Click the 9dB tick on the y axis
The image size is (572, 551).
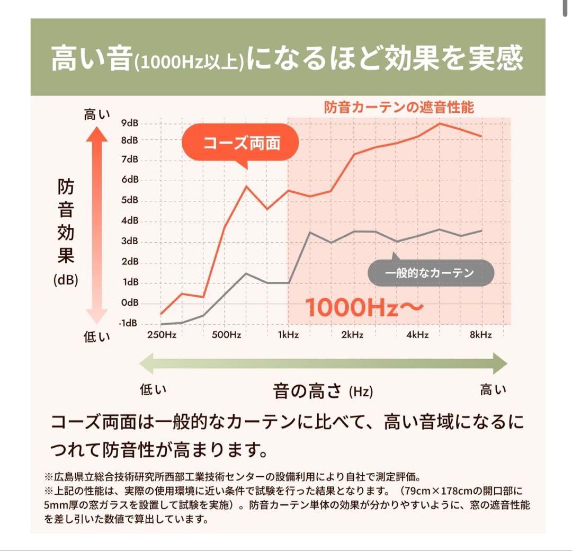(x=129, y=123)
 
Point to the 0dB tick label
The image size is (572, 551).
(x=129, y=303)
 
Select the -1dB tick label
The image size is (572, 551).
(x=128, y=323)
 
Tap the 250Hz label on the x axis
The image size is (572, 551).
(x=162, y=335)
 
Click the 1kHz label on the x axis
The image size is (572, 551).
(x=288, y=335)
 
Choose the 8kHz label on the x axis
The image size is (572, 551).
(x=481, y=335)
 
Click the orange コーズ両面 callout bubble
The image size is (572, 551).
(x=241, y=144)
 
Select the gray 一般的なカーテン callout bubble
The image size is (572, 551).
(x=430, y=273)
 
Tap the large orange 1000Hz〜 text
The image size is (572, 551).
(x=364, y=307)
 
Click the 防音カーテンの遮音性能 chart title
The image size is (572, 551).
(x=399, y=108)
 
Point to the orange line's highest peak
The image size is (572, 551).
(x=440, y=123)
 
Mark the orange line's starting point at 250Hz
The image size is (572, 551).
(x=162, y=314)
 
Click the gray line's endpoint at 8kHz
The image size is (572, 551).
(x=481, y=230)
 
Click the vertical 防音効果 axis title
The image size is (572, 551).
(x=66, y=223)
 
